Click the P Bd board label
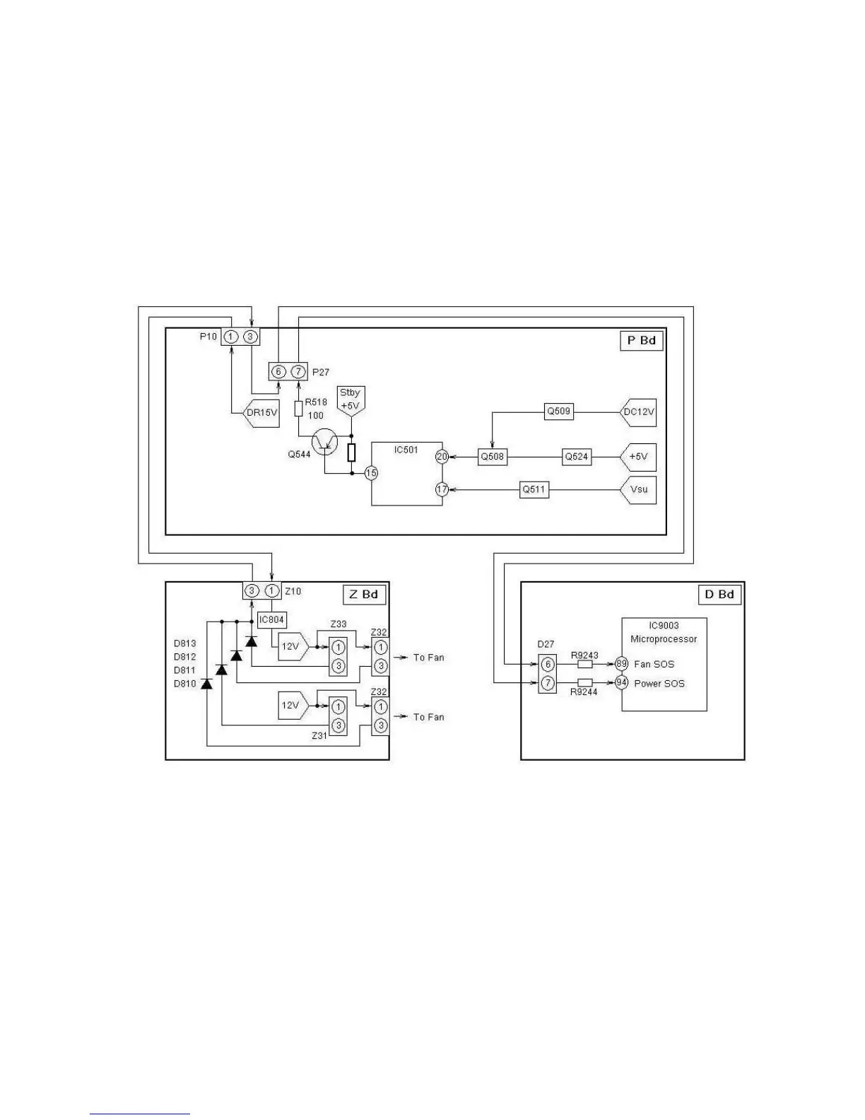(641, 340)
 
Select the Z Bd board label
(364, 594)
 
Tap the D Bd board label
(719, 594)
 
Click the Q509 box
(558, 411)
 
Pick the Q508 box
(492, 457)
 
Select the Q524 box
(576, 457)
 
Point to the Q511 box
(534, 489)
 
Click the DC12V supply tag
(640, 412)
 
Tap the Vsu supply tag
(639, 489)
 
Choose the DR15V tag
(261, 412)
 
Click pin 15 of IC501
(371, 473)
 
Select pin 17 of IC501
(442, 489)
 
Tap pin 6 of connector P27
(278, 371)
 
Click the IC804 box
(271, 620)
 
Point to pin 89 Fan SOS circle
(621, 664)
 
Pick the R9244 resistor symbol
(585, 683)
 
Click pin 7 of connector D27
(547, 683)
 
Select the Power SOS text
(659, 683)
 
